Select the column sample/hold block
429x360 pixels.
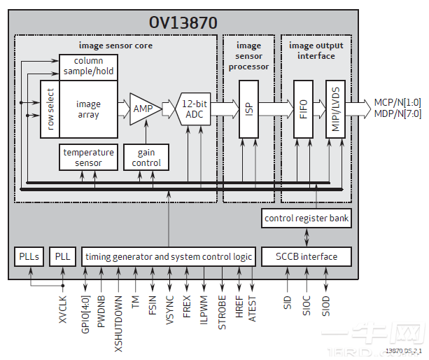pos(87,67)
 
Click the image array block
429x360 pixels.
pos(88,109)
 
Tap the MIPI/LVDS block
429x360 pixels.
pos(335,109)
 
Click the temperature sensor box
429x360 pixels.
pos(88,158)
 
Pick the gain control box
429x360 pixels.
pos(146,158)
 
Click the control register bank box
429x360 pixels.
pos(306,218)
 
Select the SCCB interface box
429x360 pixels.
pos(306,256)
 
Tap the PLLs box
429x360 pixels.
pos(29,256)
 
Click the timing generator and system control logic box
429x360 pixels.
pos(169,256)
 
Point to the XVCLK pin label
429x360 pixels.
pos(63,307)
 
